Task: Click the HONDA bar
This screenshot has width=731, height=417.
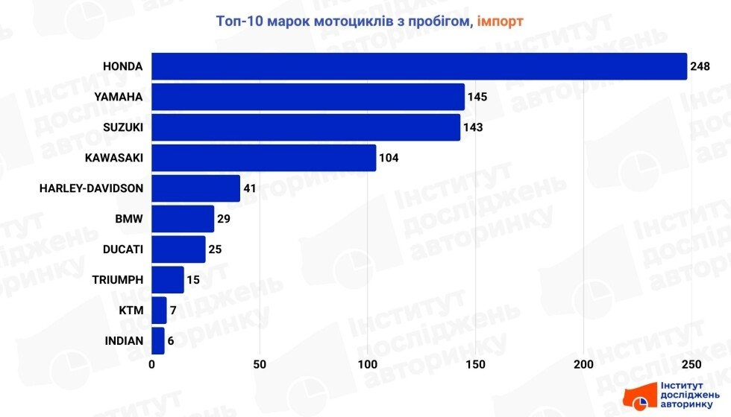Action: [x=418, y=66]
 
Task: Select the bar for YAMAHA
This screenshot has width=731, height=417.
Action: [x=307, y=97]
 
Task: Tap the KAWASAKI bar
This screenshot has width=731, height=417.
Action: [x=263, y=158]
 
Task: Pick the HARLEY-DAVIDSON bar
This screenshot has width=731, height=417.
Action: [x=195, y=188]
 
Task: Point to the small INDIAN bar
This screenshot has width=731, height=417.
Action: [x=157, y=340]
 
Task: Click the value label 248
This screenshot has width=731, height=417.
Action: [x=700, y=67]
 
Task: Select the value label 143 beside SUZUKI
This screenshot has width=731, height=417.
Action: [x=473, y=127]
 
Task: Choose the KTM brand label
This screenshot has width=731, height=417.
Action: [x=131, y=311]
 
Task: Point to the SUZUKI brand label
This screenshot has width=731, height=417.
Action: [x=123, y=127]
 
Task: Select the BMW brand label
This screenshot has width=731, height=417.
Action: [x=130, y=219]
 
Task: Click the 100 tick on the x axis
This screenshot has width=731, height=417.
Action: [x=368, y=364]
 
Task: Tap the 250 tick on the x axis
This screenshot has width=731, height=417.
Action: [x=691, y=364]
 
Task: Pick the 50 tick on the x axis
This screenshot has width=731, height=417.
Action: [x=260, y=364]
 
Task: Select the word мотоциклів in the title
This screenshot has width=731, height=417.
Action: [x=345, y=21]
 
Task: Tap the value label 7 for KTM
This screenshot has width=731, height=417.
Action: [x=174, y=311]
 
